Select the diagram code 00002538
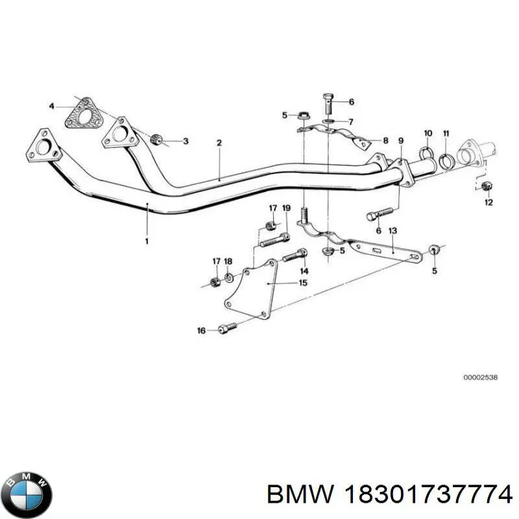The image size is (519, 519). [x=480, y=378]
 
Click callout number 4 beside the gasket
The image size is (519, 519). [x=52, y=106]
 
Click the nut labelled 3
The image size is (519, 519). [x=155, y=139]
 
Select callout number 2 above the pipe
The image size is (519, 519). [x=219, y=143]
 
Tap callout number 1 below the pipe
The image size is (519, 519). [x=147, y=241]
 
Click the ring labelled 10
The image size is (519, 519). [x=426, y=153]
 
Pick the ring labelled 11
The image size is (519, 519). [x=446, y=160]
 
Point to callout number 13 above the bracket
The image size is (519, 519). [x=392, y=231]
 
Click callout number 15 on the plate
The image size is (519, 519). [x=303, y=283]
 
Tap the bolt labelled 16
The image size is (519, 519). [x=228, y=327]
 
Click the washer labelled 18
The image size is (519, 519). [x=229, y=278]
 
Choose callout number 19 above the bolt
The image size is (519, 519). [x=287, y=208]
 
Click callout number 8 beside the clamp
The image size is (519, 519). [x=385, y=141]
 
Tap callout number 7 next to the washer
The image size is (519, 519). [x=350, y=122]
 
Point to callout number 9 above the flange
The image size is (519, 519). [x=401, y=141]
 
